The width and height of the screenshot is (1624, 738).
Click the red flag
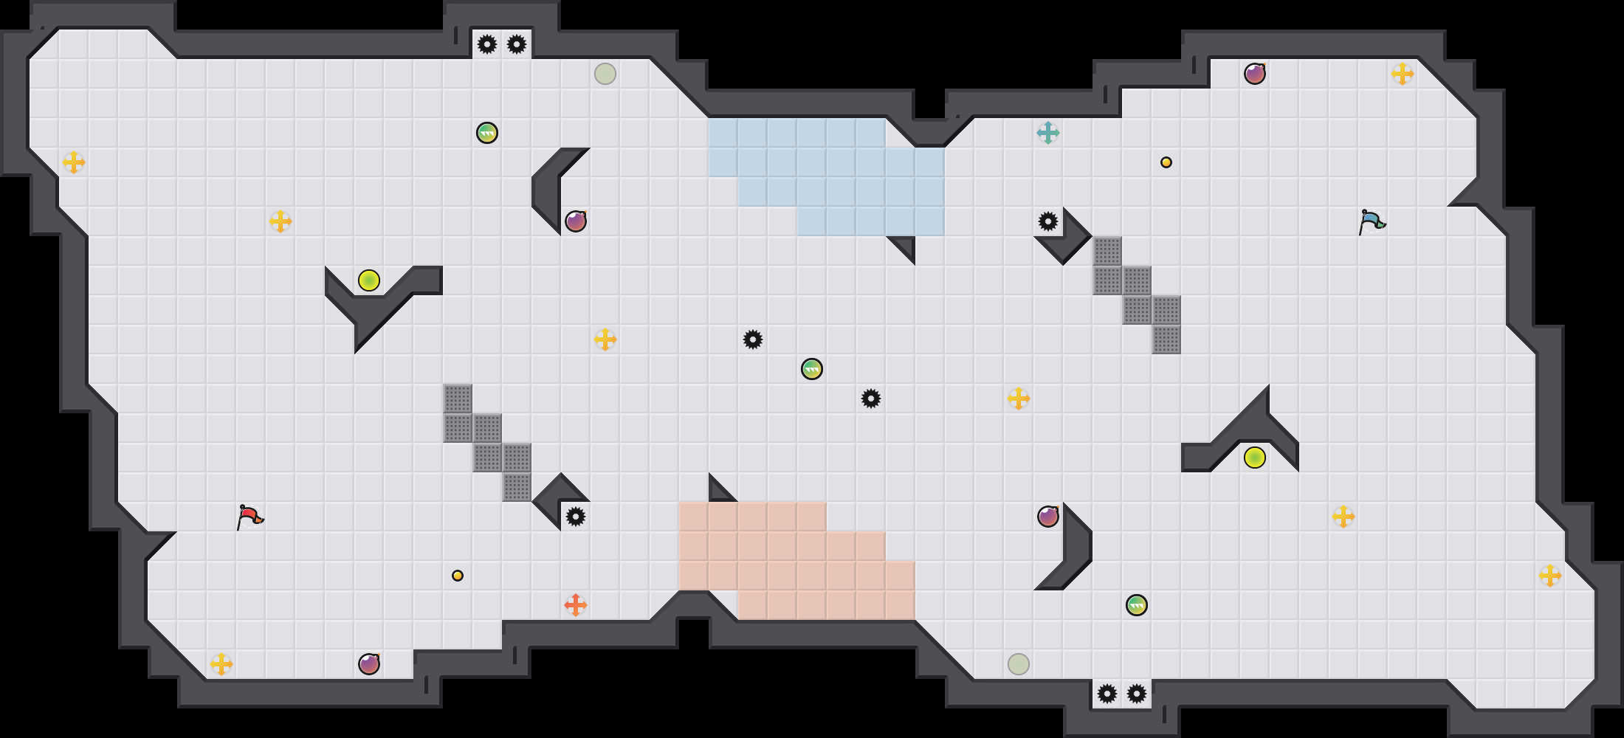click(250, 516)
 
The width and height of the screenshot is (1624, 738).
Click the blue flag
click(1372, 221)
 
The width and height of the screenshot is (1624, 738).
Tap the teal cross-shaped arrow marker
click(1048, 133)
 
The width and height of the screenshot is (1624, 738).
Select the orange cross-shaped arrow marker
click(576, 605)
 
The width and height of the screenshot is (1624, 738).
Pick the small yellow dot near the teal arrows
click(1166, 162)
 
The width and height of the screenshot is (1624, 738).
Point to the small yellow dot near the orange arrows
click(458, 576)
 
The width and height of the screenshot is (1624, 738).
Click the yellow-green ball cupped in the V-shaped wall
click(369, 280)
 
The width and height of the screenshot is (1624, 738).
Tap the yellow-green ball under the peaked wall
click(1255, 458)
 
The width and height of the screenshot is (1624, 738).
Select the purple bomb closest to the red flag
click(369, 664)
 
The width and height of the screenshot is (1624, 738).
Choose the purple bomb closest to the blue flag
click(1255, 74)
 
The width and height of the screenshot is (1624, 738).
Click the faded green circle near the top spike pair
click(605, 74)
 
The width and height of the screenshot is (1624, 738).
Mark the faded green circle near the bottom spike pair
click(1019, 664)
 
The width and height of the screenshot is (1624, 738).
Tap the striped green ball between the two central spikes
click(812, 369)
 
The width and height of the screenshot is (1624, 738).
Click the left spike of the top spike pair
click(487, 44)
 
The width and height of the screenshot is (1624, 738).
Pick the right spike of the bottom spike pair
click(1137, 694)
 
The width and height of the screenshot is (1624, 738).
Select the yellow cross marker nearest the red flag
click(221, 664)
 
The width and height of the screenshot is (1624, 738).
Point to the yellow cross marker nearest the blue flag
click(1403, 74)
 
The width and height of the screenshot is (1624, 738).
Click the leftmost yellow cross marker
click(74, 162)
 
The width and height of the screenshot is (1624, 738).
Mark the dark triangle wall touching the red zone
click(718, 492)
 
